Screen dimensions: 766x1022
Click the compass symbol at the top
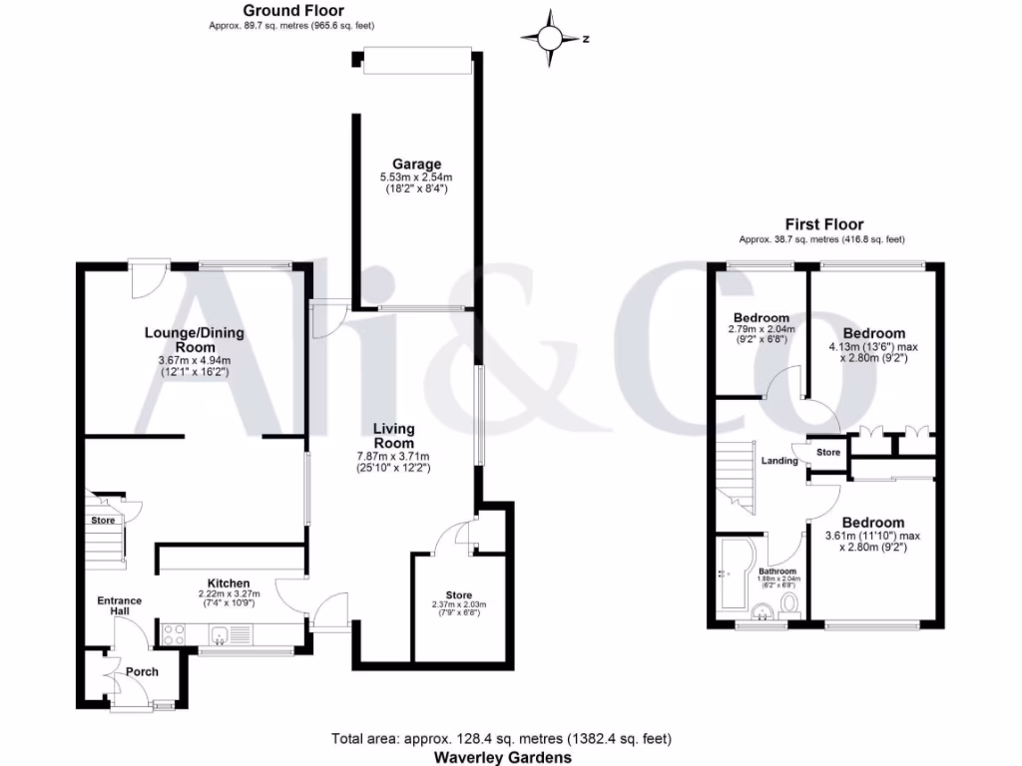click(550, 39)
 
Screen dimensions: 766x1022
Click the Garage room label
click(416, 165)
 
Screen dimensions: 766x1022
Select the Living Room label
click(393, 430)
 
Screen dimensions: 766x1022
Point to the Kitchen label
click(229, 583)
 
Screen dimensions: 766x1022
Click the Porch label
click(142, 671)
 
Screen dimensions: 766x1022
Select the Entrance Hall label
click(119, 605)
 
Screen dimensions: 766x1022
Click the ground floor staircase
click(104, 544)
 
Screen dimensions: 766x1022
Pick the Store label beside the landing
click(828, 453)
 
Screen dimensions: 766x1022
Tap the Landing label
click(779, 461)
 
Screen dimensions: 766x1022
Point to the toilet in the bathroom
click(788, 604)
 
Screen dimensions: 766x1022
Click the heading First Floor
click(823, 224)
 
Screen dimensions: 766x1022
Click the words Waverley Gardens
click(501, 757)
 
